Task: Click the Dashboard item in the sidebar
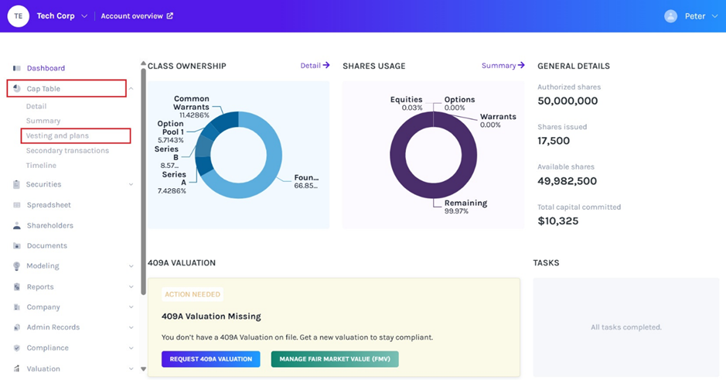[x=46, y=68]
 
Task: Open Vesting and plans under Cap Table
[x=57, y=136]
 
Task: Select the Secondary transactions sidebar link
[x=67, y=151]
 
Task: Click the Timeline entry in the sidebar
[x=41, y=166]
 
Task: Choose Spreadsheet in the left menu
[x=49, y=205]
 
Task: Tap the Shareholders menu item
[x=49, y=226]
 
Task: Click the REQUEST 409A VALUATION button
[x=210, y=359]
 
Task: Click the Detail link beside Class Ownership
[x=315, y=66]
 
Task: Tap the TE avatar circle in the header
[x=18, y=16]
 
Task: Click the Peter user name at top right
[x=695, y=16]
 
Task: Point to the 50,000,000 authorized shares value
[x=568, y=101]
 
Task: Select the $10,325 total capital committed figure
[x=557, y=221]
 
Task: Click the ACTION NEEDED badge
[x=193, y=295]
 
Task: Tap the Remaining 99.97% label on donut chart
[x=465, y=207]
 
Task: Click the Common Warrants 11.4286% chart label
[x=191, y=107]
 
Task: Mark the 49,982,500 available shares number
[x=567, y=181]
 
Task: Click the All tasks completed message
[x=626, y=327]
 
